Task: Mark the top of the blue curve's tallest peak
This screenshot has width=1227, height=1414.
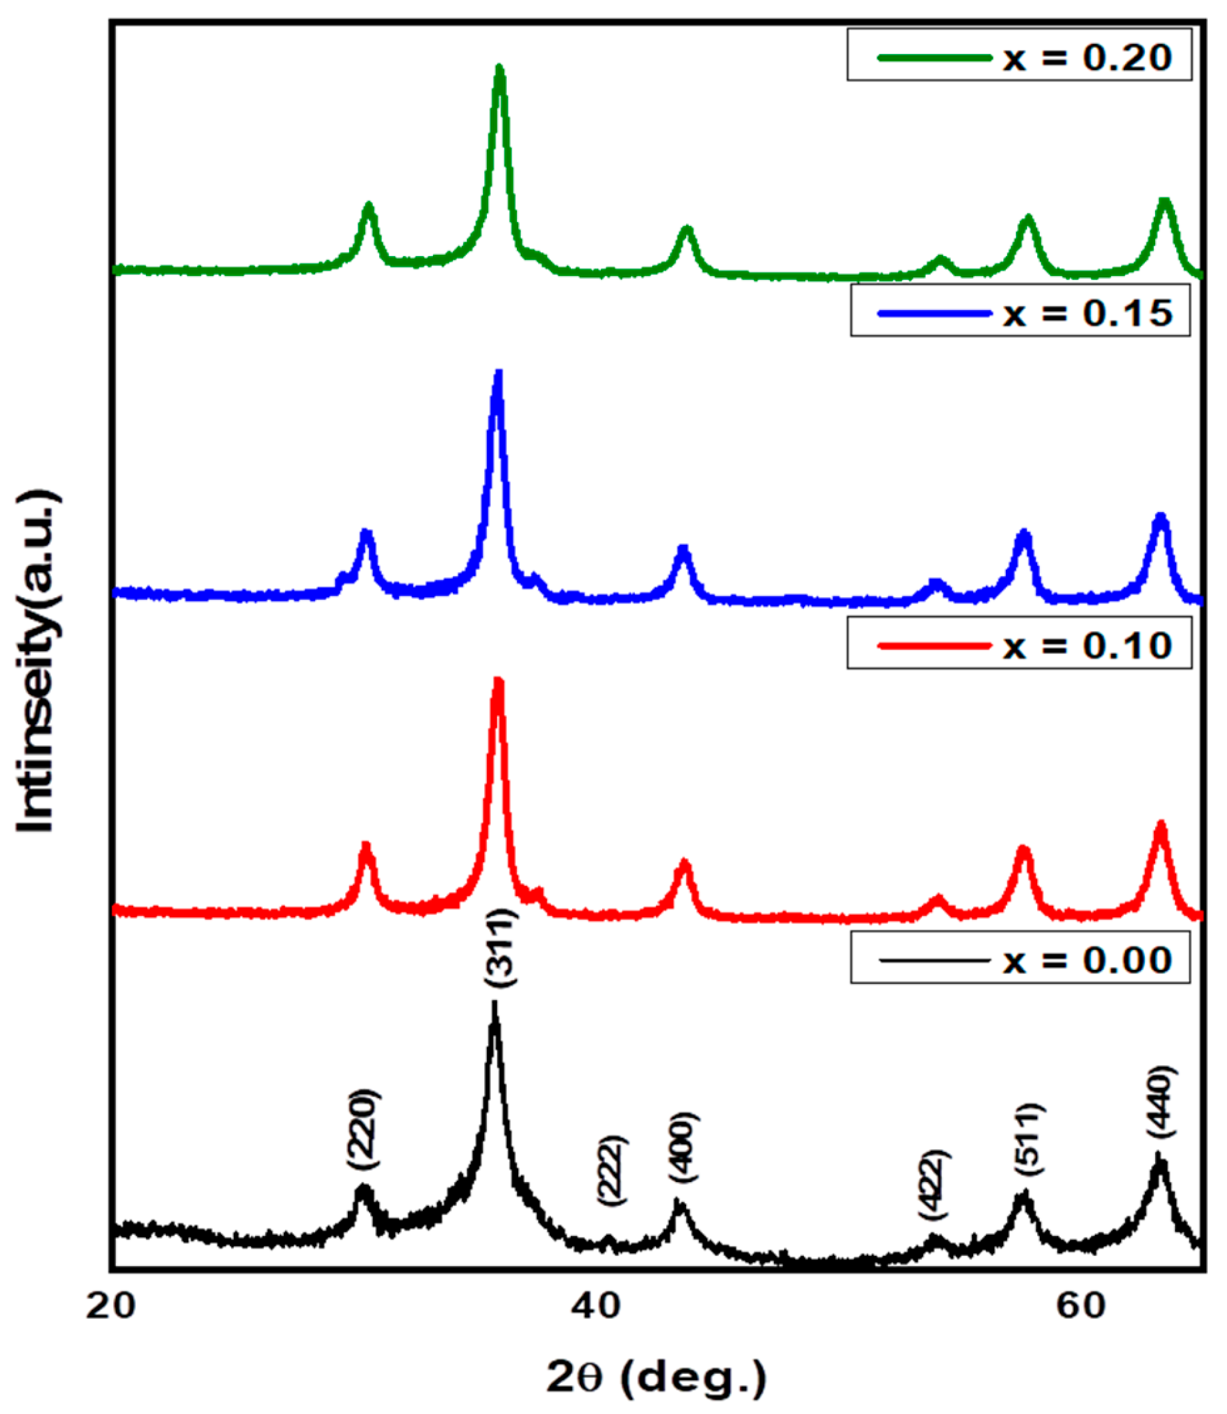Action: coord(498,372)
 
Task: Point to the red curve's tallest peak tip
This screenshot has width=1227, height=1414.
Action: coord(498,679)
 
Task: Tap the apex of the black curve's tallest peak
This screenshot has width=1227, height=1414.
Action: coord(494,1002)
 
